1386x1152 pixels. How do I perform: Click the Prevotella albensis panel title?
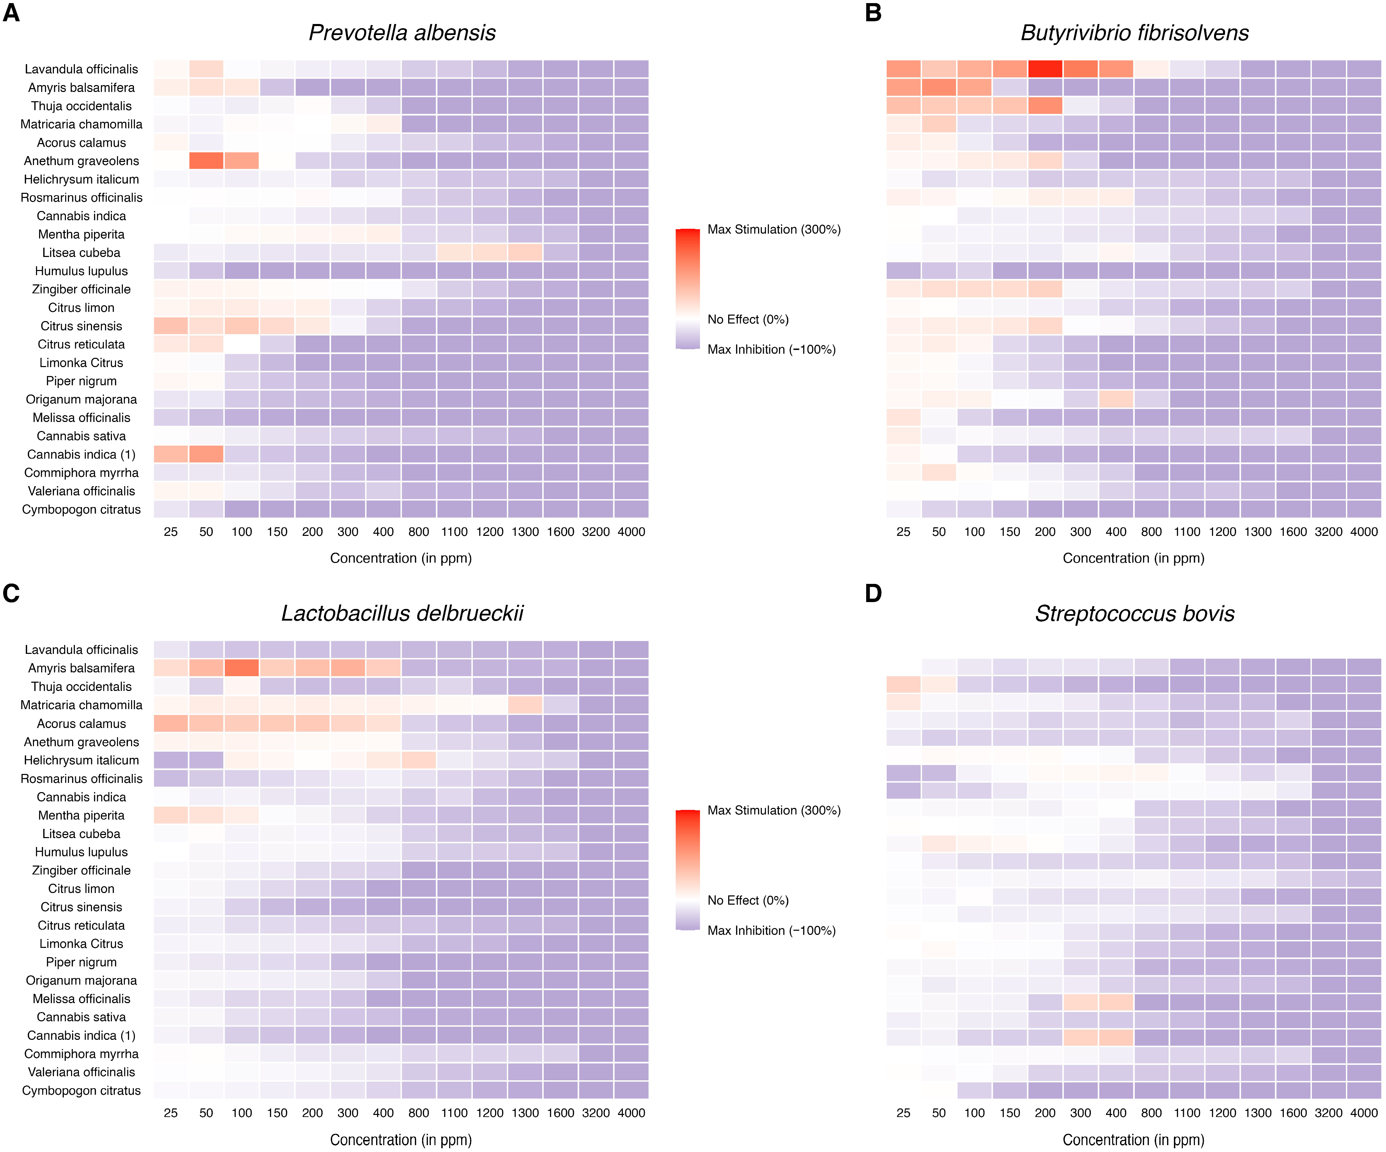click(402, 33)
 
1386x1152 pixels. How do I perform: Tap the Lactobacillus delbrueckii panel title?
click(402, 614)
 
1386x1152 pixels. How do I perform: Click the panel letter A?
click(11, 13)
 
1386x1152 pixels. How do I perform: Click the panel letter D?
click(873, 593)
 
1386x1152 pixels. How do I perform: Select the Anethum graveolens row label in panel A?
click(81, 161)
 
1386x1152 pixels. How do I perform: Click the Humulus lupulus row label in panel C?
click(81, 852)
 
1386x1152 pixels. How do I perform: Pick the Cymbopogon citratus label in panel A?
click(81, 509)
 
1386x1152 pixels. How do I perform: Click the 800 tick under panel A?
click(418, 532)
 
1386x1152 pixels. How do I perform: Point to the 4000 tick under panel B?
click(1364, 532)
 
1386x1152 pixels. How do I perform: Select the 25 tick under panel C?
click(171, 1113)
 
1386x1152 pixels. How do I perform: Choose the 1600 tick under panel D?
click(1293, 1113)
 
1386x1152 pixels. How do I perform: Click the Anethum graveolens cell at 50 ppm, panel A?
click(206, 161)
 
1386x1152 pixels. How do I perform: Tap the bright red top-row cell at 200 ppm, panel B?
click(1045, 69)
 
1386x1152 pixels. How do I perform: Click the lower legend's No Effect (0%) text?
click(748, 901)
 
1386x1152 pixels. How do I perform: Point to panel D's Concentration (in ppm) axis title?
click(1133, 1140)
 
